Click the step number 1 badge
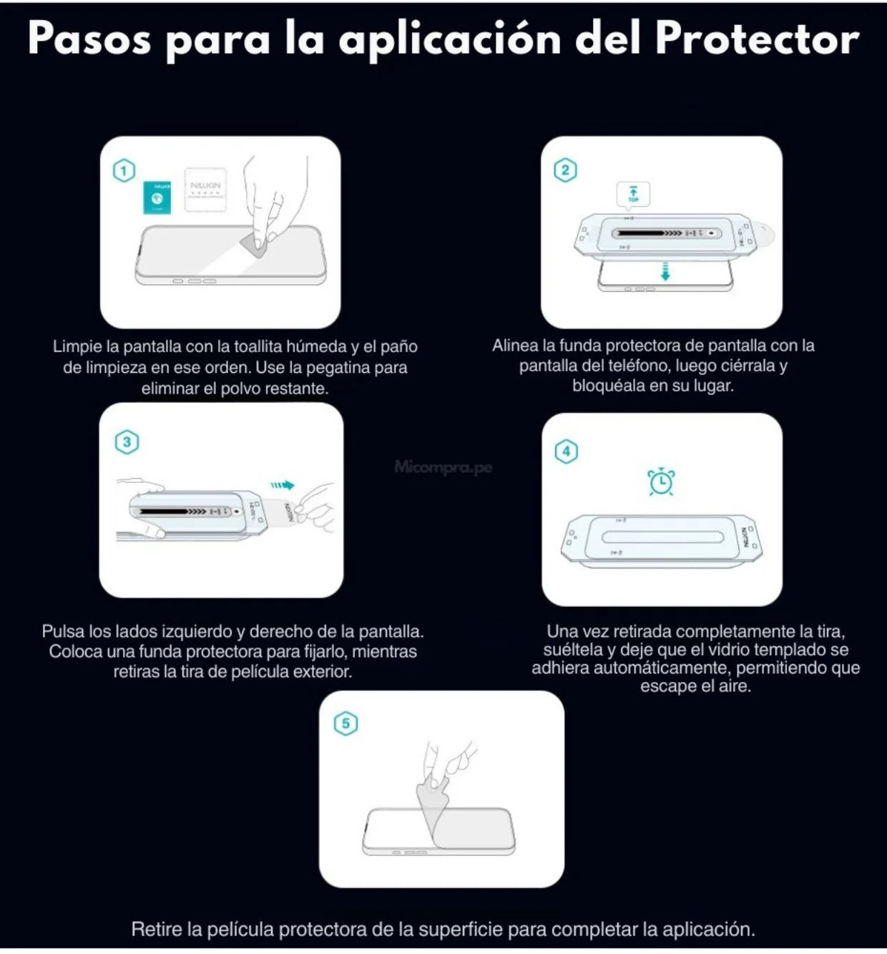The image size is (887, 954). click(x=124, y=171)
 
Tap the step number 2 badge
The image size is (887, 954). click(x=565, y=170)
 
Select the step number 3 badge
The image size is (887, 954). click(x=127, y=442)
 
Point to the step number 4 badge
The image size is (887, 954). click(x=567, y=452)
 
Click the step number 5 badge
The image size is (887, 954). click(x=346, y=724)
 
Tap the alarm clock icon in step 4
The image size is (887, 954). click(x=661, y=482)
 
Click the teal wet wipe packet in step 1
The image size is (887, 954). click(x=157, y=198)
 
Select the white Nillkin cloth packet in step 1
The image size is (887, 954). click(x=205, y=190)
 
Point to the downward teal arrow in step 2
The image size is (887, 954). click(x=665, y=271)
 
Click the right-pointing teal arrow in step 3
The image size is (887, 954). click(x=283, y=485)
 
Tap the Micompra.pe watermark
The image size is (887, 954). click(x=443, y=467)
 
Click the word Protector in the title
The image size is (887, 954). click(x=757, y=39)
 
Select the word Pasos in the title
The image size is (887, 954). click(x=89, y=39)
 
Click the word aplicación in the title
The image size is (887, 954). click(x=450, y=40)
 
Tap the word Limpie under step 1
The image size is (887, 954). click(x=77, y=346)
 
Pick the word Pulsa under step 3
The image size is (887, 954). click(x=63, y=631)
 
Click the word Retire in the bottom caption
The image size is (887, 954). click(x=157, y=929)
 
